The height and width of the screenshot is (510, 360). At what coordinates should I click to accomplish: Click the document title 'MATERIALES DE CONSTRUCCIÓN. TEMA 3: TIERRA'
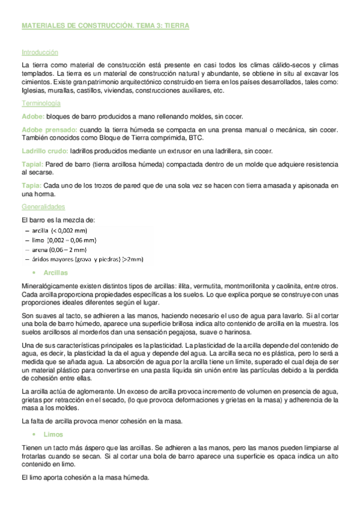105,26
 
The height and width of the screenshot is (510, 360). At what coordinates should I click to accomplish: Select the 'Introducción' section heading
40,52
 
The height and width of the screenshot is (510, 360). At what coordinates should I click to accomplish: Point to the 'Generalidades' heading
43,206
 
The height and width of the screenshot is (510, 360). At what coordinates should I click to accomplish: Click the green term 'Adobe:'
32,116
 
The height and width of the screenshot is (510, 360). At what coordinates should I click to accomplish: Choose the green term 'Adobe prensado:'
49,130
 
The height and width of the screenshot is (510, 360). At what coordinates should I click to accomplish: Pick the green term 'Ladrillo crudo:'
44,150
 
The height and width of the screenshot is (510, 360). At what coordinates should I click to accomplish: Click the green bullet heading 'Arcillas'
55,272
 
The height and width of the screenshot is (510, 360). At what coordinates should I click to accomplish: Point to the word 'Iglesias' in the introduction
34,91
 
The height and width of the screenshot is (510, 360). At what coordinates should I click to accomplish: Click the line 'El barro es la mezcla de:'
58,220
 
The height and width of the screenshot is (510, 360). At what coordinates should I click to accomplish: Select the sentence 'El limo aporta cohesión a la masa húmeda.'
85,478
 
